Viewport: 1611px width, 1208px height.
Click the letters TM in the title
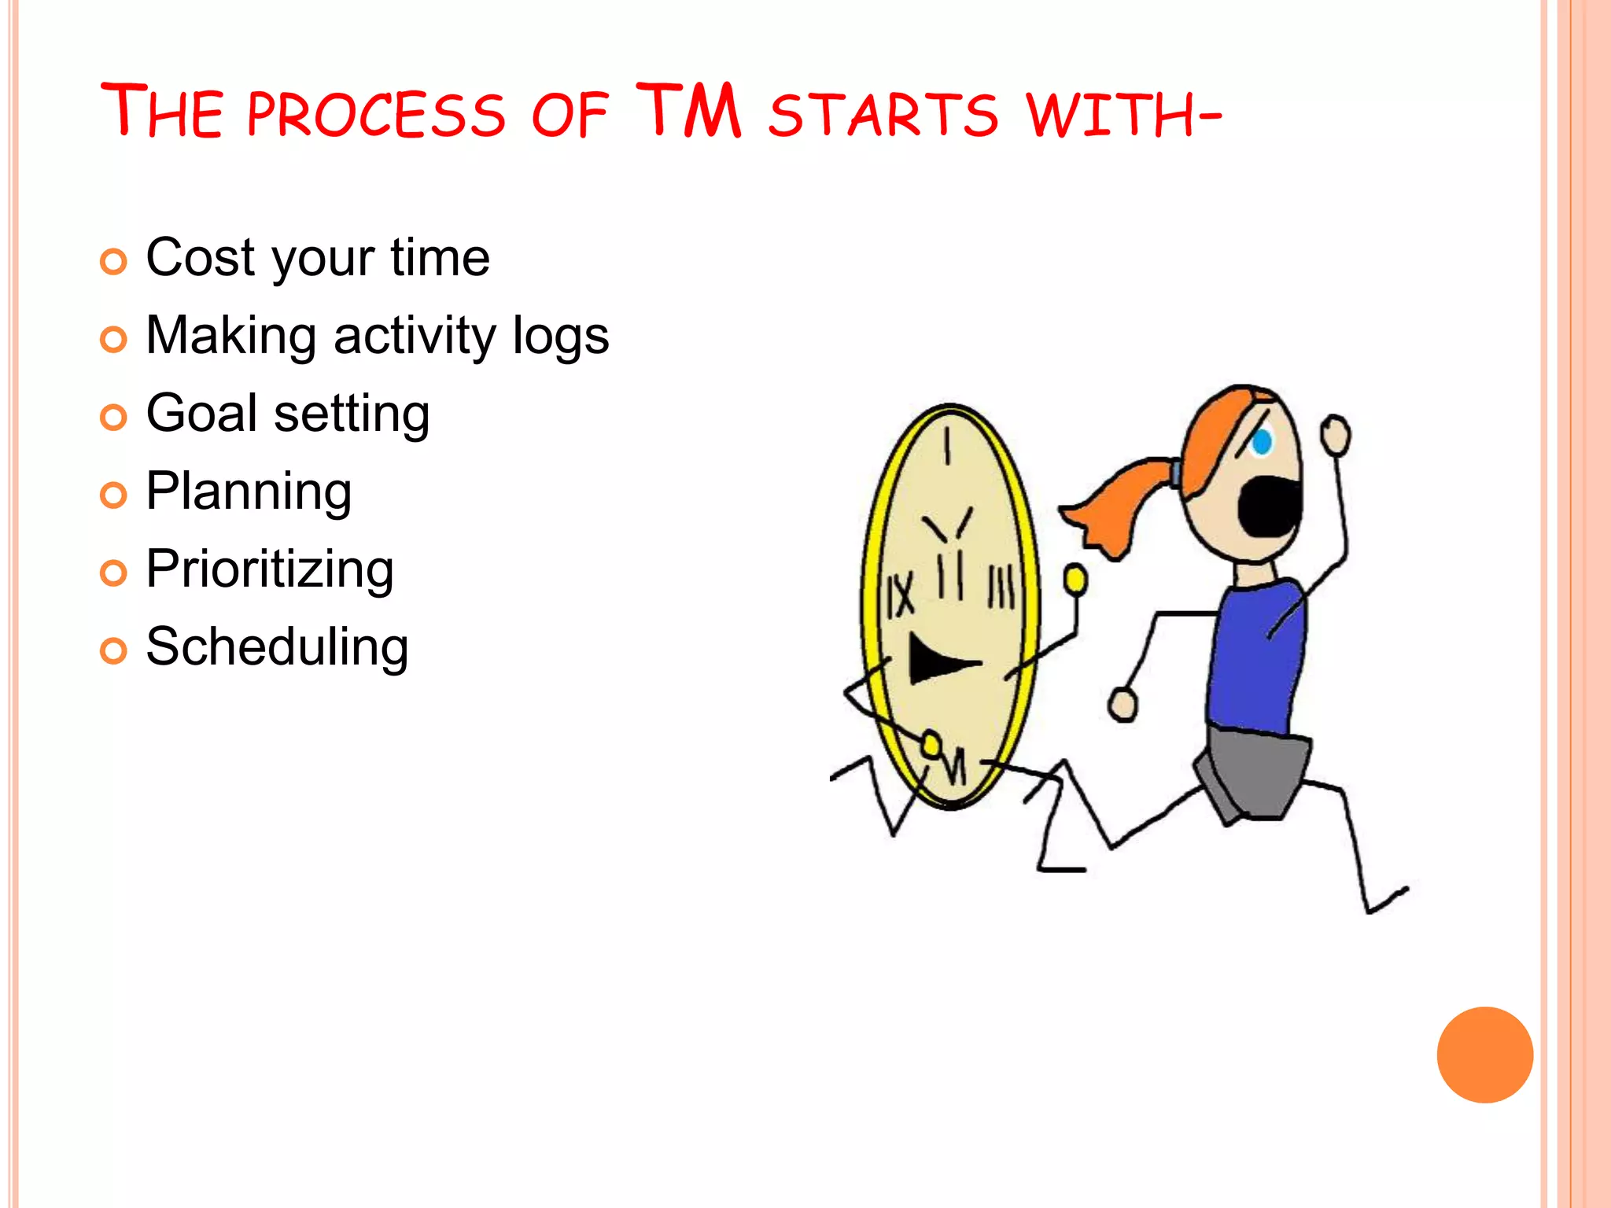click(x=689, y=111)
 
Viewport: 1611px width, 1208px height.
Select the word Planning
click(x=249, y=492)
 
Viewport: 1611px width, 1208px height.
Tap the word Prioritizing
click(x=270, y=569)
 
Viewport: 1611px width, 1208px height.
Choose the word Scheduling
click(x=277, y=646)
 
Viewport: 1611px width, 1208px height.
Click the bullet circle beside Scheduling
click(x=113, y=651)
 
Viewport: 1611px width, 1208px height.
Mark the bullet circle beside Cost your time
click(x=113, y=262)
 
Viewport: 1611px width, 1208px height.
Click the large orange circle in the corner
click(x=1484, y=1055)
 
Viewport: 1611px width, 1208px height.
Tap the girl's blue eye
click(x=1262, y=441)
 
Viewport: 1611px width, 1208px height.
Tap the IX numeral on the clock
click(x=900, y=595)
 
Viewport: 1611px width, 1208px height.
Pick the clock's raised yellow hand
click(x=1075, y=580)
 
